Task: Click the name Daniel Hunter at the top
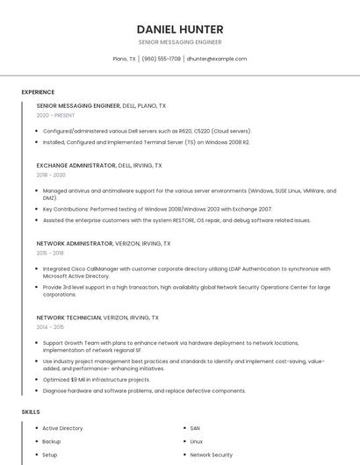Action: coord(180,29)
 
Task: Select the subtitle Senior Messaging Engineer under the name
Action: coord(180,42)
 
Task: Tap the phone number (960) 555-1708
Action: coord(161,59)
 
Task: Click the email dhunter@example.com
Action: coord(217,59)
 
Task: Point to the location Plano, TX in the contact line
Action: coord(125,59)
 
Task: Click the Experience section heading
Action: coord(38,92)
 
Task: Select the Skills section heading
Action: coord(31,411)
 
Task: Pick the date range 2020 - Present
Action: coord(56,115)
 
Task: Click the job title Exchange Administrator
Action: coord(76,165)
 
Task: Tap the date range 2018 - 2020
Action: coord(52,175)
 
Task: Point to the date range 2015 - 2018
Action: coord(52,253)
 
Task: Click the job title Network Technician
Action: coord(69,317)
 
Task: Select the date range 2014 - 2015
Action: coord(51,326)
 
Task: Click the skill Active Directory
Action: coord(62,428)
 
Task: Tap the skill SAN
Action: coord(195,428)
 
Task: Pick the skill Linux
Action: coord(197,441)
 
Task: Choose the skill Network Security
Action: coord(212,455)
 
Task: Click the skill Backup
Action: coord(52,441)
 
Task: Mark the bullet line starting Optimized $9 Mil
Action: coord(96,379)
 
